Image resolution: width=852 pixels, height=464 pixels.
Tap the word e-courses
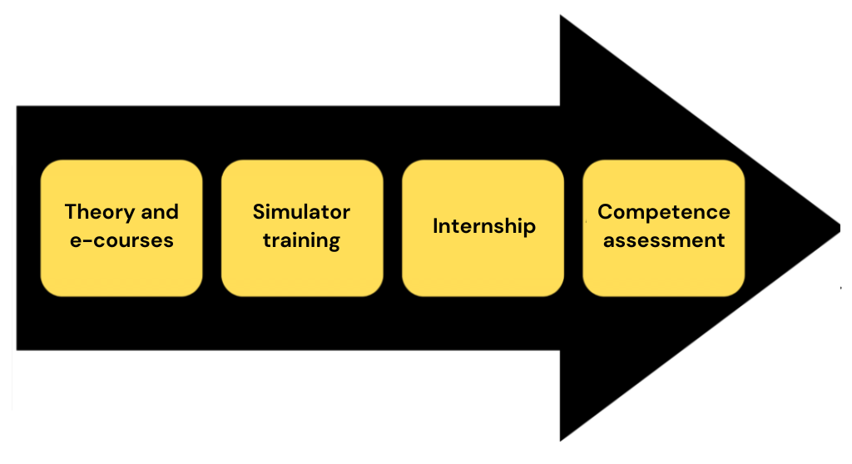click(x=121, y=241)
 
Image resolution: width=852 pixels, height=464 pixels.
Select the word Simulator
click(x=301, y=212)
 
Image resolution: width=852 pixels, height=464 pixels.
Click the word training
click(x=301, y=241)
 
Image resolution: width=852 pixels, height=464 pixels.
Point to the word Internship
click(x=483, y=226)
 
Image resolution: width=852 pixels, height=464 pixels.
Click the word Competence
click(x=663, y=212)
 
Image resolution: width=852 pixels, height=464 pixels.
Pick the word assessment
click(x=663, y=241)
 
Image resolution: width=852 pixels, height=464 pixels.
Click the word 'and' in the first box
click(x=160, y=212)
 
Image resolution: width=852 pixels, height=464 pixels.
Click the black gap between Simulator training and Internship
click(x=393, y=227)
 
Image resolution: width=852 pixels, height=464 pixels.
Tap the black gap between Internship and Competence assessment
click(x=573, y=227)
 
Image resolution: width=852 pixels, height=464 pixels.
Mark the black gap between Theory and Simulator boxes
click(x=212, y=227)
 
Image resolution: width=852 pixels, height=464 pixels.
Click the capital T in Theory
click(x=71, y=212)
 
